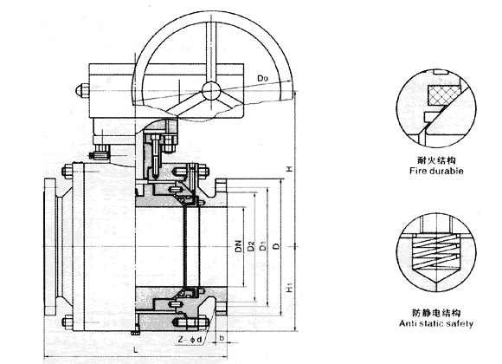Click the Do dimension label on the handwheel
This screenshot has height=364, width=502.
[263, 78]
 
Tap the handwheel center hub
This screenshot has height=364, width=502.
[211, 90]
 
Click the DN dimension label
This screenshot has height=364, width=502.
[238, 246]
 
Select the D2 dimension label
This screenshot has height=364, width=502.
[251, 246]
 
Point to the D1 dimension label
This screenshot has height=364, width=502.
[263, 246]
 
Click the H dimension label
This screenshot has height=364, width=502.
[289, 168]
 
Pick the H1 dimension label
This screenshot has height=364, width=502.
[289, 288]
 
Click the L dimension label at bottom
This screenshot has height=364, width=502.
[136, 349]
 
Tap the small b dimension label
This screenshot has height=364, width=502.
[222, 338]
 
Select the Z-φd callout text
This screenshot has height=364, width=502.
[190, 340]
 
